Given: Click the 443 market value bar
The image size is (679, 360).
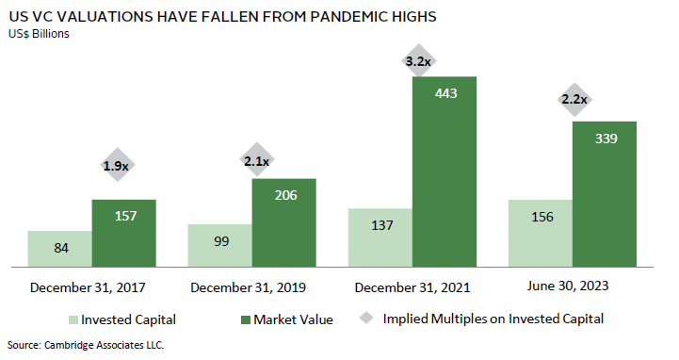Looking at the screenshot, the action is pos(445,172).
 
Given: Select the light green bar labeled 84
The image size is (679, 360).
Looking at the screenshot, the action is pos(59,249).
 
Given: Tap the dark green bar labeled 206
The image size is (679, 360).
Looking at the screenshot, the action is pos(284,222).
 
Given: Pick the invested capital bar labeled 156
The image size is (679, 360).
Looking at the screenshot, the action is pos(541,233).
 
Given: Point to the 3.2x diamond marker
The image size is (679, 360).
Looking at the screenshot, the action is pos(418,61).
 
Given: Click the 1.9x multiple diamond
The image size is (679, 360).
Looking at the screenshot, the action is pos(117,165).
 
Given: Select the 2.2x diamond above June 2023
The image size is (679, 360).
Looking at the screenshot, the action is pos(574,100).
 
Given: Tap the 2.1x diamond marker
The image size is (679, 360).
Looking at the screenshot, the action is pos(257,160).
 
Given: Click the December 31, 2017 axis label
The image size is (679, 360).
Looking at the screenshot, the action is pos(88,287).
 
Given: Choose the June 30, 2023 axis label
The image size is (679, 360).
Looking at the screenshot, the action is pos(568,286).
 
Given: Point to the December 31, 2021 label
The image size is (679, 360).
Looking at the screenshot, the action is pos(412,287).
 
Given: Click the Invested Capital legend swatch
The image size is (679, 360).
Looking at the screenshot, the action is pos(73,320).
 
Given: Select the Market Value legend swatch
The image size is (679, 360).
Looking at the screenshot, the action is pos(246,320).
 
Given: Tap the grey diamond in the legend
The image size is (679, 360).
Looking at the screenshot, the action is pos(366,318).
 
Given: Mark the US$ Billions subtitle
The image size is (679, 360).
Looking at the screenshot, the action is pos(39,34).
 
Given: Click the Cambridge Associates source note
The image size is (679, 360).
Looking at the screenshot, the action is pos(86,345).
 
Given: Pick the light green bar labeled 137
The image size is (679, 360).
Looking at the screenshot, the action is pos(380,237).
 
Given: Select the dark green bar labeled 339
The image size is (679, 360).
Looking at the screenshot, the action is pos(605,194).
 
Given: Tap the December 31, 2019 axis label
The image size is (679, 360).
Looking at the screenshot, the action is pos(248,287).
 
